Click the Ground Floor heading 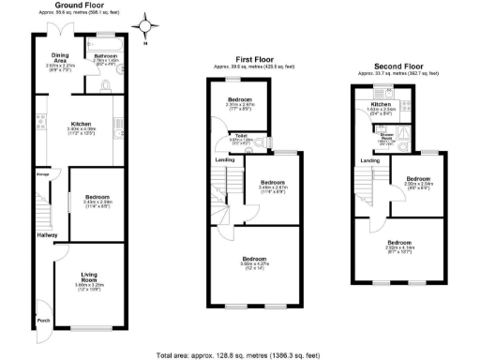pyautogui.click(x=78, y=5)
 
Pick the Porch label pyautogui.click(x=43, y=321)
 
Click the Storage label pyautogui.click(x=43, y=174)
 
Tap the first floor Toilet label pyautogui.click(x=240, y=135)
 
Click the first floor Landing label pyautogui.click(x=226, y=159)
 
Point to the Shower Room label pyautogui.click(x=385, y=136)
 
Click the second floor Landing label pyautogui.click(x=370, y=161)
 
